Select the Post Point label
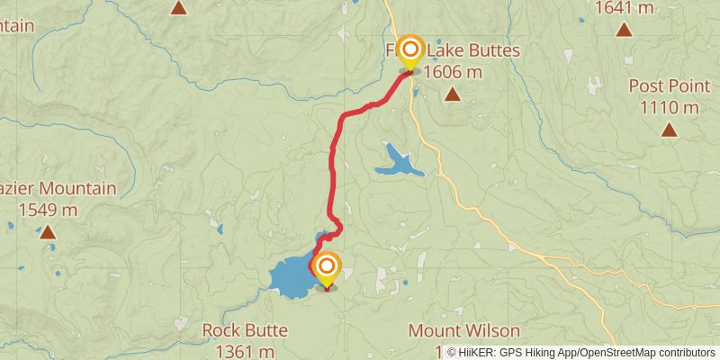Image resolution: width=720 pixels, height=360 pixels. (x=664, y=86)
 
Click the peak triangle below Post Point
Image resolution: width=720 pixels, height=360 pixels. (x=669, y=129)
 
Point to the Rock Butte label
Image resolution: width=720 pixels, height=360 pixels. (x=238, y=330)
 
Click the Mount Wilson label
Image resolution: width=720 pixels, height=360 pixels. (x=463, y=330)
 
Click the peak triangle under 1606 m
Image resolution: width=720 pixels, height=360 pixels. (x=453, y=94)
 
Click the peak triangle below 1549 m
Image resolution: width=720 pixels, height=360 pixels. (x=47, y=232)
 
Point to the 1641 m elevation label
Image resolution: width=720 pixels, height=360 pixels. (x=624, y=8)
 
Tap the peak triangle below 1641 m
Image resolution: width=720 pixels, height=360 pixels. (x=624, y=30)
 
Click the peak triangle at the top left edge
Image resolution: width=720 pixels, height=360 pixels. (x=179, y=8)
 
